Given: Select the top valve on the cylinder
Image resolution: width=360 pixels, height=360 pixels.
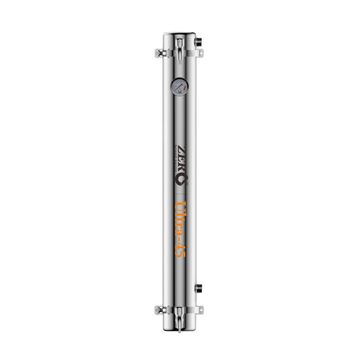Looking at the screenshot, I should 179,47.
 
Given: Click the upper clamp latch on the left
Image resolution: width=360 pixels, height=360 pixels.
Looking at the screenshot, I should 161,52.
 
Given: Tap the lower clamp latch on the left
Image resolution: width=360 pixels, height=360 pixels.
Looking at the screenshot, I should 161,310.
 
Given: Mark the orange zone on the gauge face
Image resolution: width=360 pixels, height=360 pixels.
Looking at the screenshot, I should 181,86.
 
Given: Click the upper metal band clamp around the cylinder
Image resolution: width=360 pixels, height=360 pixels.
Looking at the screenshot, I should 179,53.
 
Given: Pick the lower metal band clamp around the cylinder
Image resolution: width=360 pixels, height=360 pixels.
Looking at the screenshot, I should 179,310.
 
